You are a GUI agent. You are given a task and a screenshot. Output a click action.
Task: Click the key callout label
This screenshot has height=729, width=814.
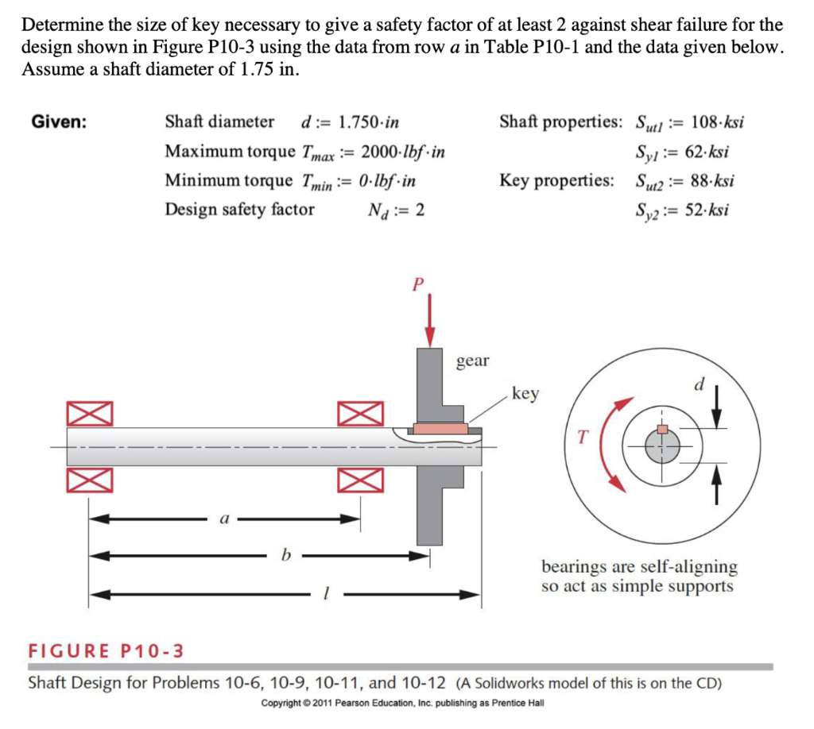point(525,393)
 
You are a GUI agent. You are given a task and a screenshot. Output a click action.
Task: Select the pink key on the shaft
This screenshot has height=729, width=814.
point(440,428)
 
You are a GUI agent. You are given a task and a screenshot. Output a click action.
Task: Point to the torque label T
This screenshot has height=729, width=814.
point(583,436)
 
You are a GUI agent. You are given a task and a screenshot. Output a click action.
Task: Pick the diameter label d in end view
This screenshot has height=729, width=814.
point(699,385)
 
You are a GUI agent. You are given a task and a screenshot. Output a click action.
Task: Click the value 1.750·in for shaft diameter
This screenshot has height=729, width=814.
point(369,122)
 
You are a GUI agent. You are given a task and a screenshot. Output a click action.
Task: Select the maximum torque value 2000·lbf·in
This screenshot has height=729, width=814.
point(402,152)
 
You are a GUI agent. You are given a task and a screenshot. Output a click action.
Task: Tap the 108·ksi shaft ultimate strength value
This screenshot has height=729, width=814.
point(717,122)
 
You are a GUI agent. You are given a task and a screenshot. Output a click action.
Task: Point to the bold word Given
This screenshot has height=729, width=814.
point(60,122)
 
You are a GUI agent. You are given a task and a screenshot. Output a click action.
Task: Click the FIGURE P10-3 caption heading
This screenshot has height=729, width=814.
point(106,651)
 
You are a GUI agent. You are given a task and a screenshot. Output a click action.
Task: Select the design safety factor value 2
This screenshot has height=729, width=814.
point(420,210)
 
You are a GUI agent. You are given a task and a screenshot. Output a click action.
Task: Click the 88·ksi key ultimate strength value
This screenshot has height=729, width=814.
point(708,181)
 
